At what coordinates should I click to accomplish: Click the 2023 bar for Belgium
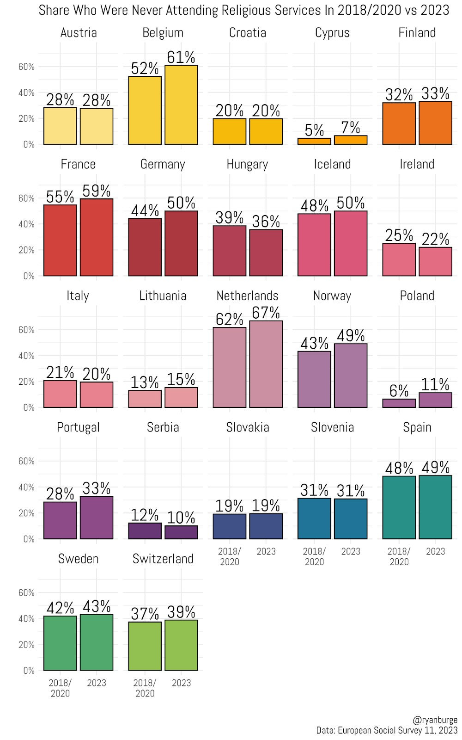tap(181, 105)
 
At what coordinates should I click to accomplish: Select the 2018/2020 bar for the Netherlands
tap(230, 368)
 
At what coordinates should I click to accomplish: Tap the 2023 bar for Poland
tap(435, 400)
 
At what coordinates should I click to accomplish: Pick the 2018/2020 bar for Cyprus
tap(314, 142)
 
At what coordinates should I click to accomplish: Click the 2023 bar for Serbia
tap(181, 532)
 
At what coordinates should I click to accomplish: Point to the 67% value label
tap(266, 313)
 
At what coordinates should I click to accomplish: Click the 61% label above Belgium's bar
tap(181, 57)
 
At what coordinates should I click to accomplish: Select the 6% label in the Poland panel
tap(399, 391)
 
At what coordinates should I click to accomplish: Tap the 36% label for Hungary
tap(266, 222)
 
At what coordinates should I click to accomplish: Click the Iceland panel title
tap(332, 164)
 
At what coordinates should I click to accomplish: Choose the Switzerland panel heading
tap(163, 559)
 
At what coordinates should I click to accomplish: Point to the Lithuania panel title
tap(163, 296)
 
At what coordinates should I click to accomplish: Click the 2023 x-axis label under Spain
tap(435, 551)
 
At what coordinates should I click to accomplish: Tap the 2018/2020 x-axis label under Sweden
tap(60, 688)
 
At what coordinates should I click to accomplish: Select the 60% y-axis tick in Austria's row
tap(26, 67)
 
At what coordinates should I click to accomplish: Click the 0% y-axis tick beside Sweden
tap(29, 671)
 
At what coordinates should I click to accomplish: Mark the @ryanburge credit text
tap(435, 720)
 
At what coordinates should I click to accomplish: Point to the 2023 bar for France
tap(97, 237)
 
